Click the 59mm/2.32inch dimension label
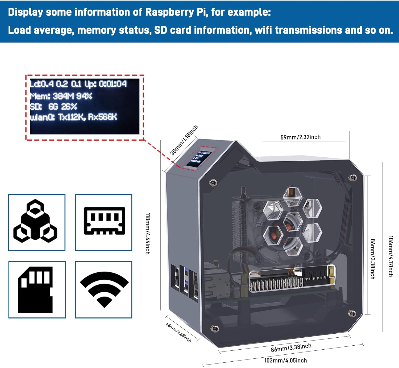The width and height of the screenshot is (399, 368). click(300, 137)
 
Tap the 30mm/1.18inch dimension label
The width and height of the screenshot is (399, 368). click(184, 140)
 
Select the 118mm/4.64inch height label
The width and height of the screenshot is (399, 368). click(148, 234)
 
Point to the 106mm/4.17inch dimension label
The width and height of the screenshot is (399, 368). click(390, 256)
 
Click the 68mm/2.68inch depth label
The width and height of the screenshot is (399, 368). click(178, 332)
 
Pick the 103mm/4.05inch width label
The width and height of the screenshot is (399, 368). click(285, 360)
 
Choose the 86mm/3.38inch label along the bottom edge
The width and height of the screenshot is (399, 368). click(291, 347)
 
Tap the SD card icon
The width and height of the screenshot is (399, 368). click(35, 289)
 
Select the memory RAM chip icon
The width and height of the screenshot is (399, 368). click(104, 221)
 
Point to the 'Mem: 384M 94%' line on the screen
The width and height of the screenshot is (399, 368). click(61, 96)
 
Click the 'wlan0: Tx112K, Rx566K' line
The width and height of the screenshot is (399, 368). click(73, 117)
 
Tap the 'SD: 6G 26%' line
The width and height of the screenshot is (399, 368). click(53, 107)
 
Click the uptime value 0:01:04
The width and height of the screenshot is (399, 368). click(113, 84)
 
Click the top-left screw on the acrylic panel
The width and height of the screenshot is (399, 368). click(213, 182)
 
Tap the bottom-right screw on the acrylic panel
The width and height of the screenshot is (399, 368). click(352, 313)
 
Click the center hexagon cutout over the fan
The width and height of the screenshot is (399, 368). click(292, 222)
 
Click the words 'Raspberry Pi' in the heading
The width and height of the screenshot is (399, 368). click(176, 12)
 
